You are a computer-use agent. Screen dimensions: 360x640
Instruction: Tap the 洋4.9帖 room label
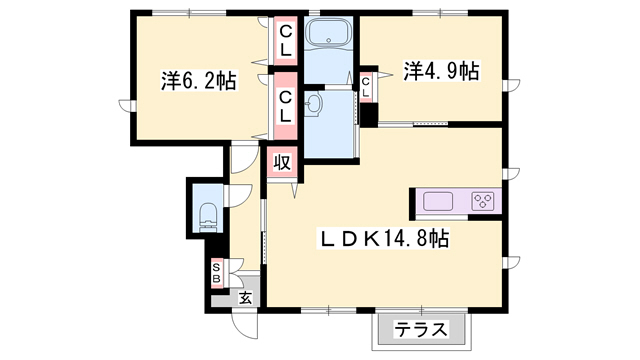pyautogui.click(x=441, y=71)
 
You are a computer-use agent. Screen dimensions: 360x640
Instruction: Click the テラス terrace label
pyautogui.click(x=419, y=329)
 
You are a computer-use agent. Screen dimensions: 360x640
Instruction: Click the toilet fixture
pyautogui.click(x=209, y=213)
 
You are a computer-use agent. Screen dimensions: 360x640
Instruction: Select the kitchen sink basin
pyautogui.click(x=439, y=201)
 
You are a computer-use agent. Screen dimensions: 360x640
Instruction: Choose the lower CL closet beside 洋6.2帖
pyautogui.click(x=285, y=106)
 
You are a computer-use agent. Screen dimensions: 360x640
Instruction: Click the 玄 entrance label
pyautogui.click(x=245, y=296)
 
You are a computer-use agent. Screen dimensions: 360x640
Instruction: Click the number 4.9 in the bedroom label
pyautogui.click(x=445, y=71)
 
